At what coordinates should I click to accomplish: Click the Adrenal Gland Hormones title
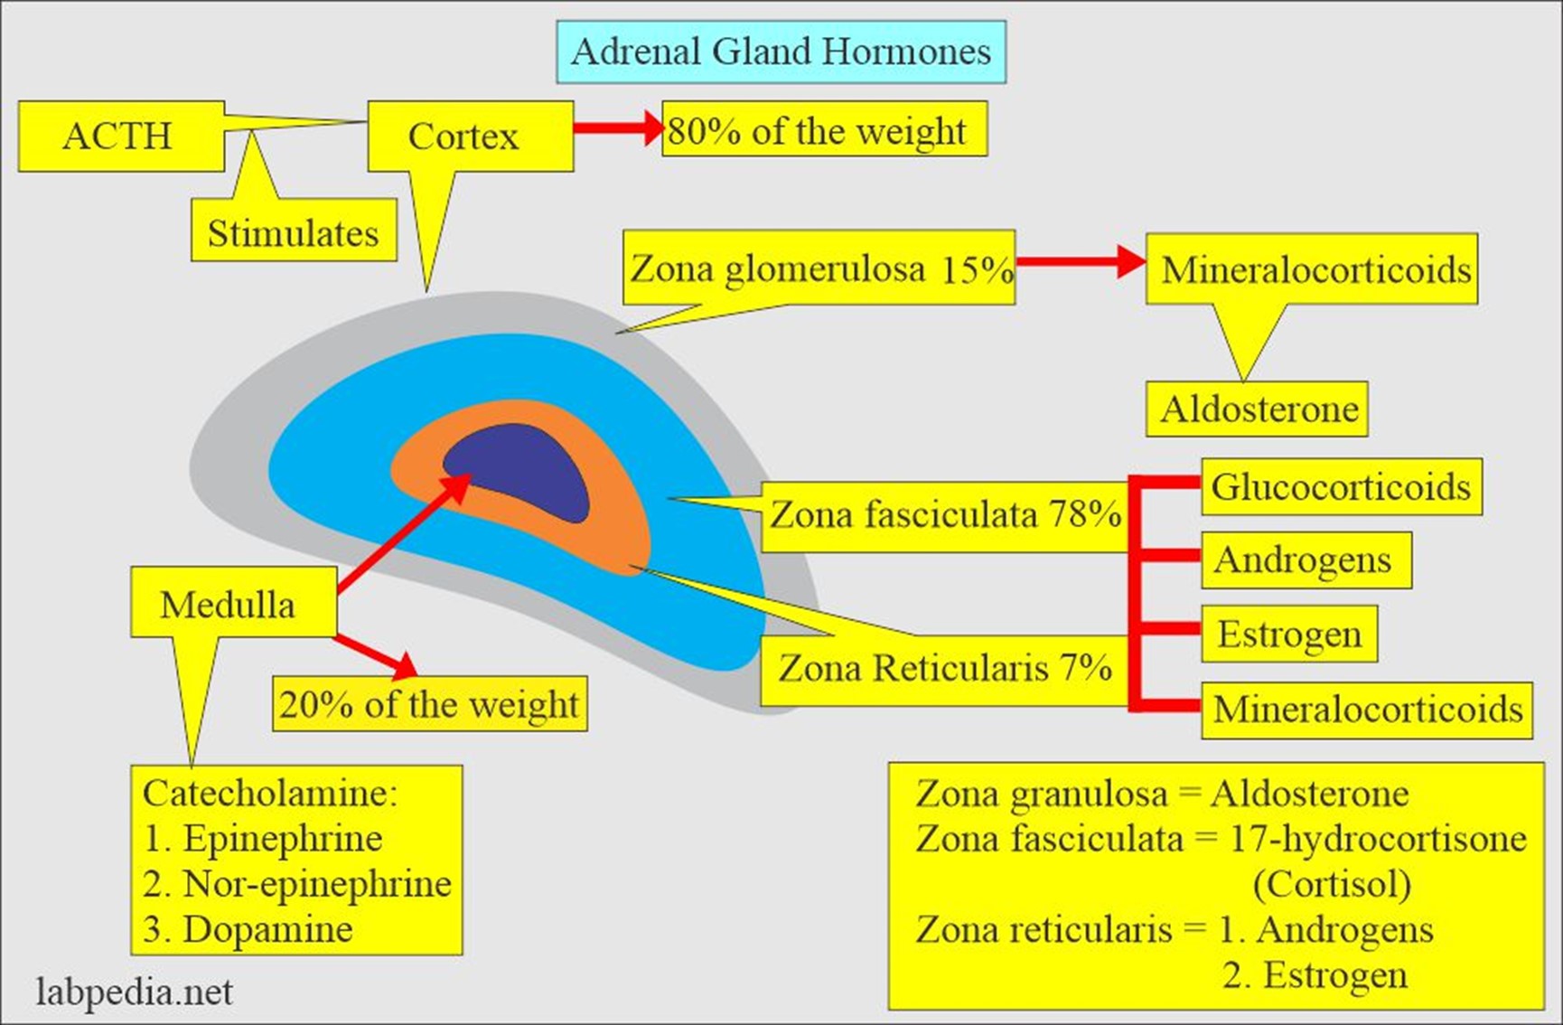tap(781, 52)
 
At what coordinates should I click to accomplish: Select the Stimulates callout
tap(294, 233)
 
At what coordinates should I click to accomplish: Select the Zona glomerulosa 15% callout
tap(819, 268)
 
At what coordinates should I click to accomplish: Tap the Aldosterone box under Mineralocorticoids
tap(1259, 409)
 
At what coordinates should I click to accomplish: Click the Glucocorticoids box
tap(1341, 487)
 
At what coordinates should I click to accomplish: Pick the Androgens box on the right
tap(1303, 560)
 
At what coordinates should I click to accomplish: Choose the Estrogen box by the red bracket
tap(1289, 634)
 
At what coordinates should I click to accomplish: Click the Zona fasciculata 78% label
tap(944, 515)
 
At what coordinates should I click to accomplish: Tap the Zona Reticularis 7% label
tap(944, 669)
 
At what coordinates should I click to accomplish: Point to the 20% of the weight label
tap(429, 704)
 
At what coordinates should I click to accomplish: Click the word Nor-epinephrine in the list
tap(316, 884)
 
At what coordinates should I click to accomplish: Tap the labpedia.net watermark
tap(135, 992)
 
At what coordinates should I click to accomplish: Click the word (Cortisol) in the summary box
tap(1332, 884)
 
